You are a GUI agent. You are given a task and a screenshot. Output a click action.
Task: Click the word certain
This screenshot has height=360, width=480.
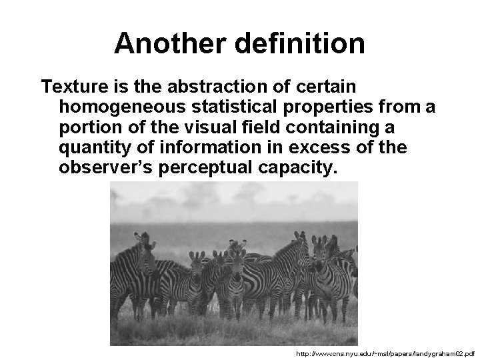pos(328,87)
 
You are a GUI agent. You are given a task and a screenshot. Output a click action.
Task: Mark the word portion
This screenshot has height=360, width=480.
pos(88,127)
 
